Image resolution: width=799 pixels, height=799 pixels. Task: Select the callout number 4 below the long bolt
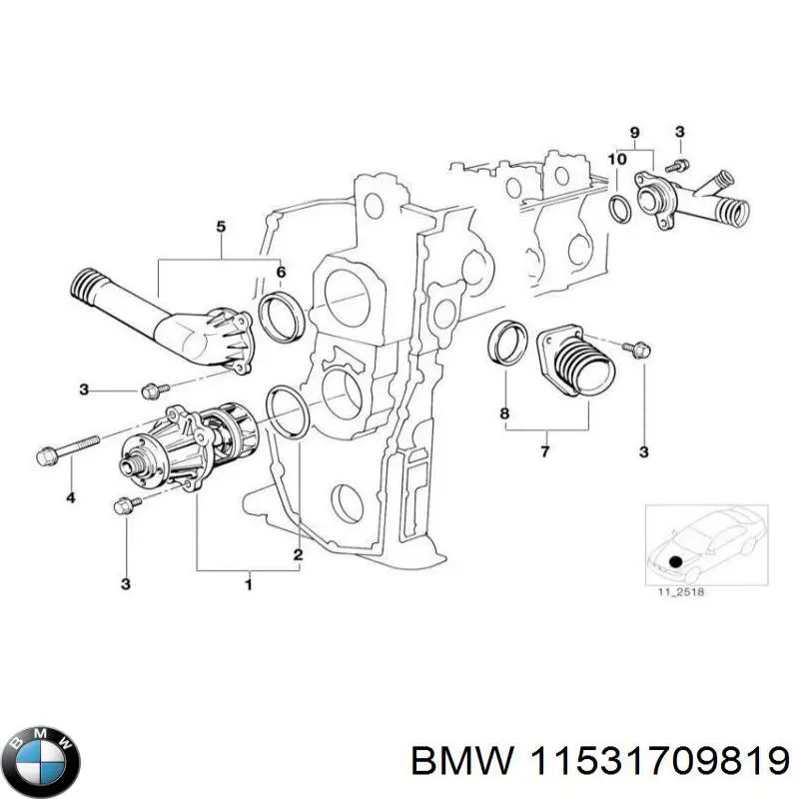(x=69, y=496)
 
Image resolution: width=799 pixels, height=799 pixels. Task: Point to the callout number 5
(x=221, y=228)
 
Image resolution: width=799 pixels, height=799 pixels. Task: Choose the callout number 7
(x=545, y=452)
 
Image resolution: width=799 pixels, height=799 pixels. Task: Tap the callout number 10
(x=617, y=159)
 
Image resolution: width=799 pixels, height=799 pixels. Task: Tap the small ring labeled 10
(x=619, y=209)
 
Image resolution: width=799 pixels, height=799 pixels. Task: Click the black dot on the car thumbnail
(x=676, y=561)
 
